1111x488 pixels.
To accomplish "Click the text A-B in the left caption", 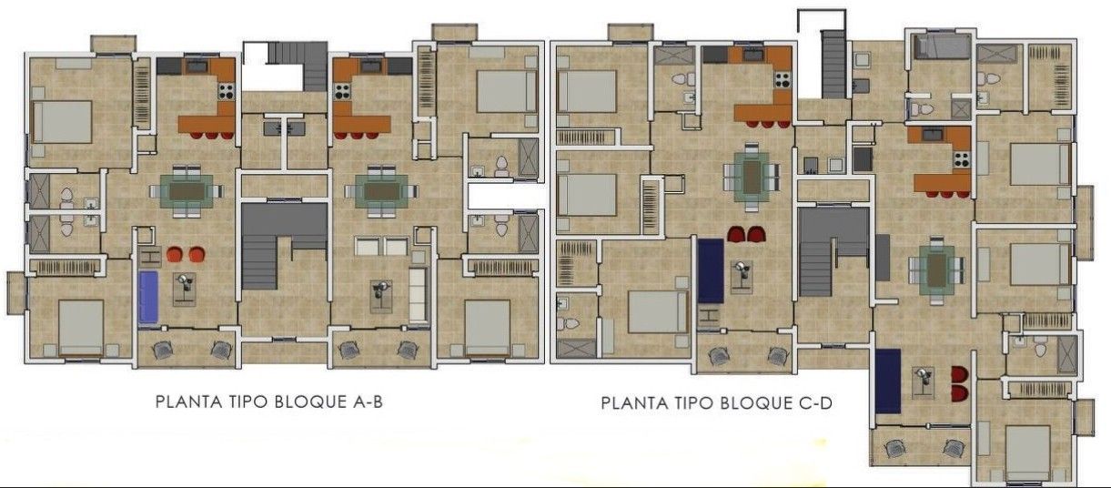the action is [368, 402].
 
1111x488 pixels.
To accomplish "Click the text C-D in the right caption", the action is [815, 402].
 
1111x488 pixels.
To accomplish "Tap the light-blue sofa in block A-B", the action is [147, 297].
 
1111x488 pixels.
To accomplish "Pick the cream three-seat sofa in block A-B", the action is [418, 295].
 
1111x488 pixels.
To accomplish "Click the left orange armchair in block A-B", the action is [174, 254].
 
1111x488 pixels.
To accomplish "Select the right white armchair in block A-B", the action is [397, 246].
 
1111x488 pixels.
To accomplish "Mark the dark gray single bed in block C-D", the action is [942, 46].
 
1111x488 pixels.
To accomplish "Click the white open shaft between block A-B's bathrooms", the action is [506, 196].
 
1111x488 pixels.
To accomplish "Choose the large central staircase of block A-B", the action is [284, 245].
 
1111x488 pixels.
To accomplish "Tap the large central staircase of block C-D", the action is [833, 251].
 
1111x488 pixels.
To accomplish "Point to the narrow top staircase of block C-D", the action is [833, 64].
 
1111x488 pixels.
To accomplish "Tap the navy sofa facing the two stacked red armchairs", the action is [887, 381].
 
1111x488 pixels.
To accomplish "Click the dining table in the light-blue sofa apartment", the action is [187, 191].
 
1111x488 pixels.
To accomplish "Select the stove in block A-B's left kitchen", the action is [227, 91].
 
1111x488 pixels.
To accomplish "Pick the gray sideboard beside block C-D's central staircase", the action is [883, 258].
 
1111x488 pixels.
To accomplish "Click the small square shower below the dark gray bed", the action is [961, 108].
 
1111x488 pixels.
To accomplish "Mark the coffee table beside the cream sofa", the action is [381, 297].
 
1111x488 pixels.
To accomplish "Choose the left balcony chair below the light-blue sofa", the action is [163, 350].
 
